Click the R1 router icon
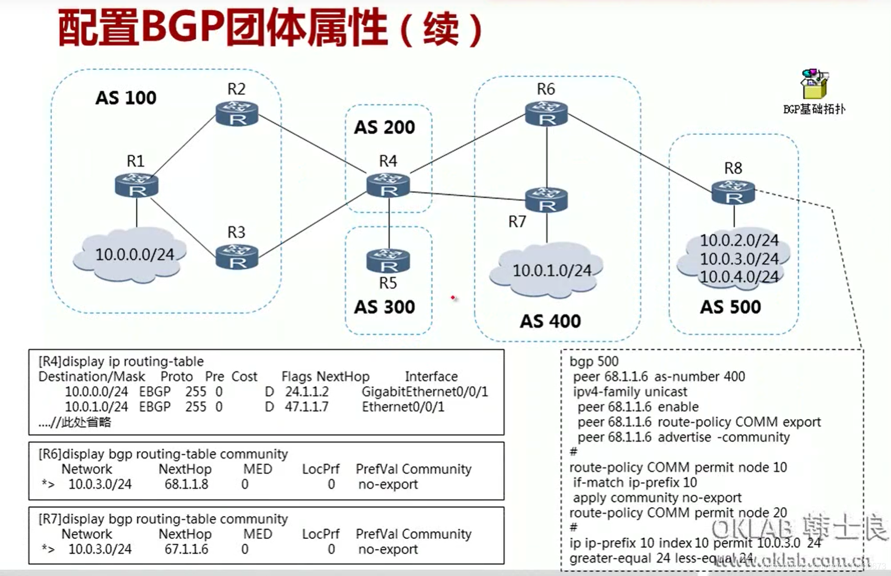(x=136, y=186)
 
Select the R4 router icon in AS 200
(x=388, y=186)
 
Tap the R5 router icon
(x=388, y=260)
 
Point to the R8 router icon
(x=733, y=192)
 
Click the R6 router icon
(x=546, y=114)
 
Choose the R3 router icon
(x=237, y=257)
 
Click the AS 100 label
(x=126, y=98)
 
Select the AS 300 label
(x=384, y=307)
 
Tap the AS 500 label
(x=730, y=307)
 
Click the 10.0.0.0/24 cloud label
(x=134, y=254)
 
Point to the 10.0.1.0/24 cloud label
(x=551, y=271)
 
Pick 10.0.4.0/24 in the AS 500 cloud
(x=739, y=276)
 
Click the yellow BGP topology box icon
(x=814, y=85)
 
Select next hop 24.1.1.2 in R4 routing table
(x=307, y=392)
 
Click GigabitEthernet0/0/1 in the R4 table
(x=425, y=392)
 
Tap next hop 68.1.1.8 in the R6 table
(x=186, y=484)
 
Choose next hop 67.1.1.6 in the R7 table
(x=186, y=549)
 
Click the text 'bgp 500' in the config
(x=594, y=361)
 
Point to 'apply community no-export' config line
(x=657, y=497)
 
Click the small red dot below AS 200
(x=453, y=298)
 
